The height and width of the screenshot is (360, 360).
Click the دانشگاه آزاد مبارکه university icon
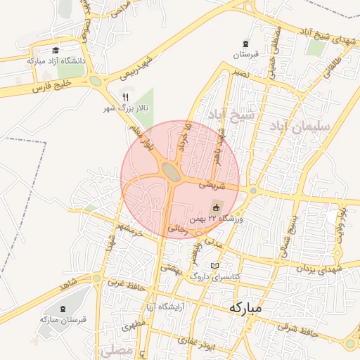[56, 50]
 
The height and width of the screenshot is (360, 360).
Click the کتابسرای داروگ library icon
[215, 266]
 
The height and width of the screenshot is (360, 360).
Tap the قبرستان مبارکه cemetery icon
[65, 309]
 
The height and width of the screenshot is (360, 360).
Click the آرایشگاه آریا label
[162, 307]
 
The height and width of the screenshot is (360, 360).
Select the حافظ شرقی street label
[297, 327]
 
